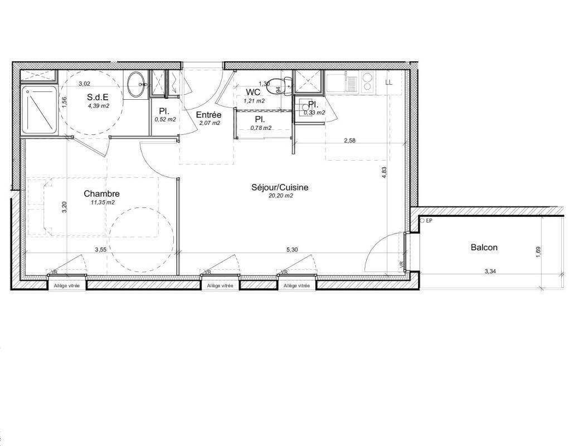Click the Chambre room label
[101, 194]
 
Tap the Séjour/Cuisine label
[280, 187]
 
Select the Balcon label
[484, 248]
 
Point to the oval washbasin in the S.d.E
[137, 84]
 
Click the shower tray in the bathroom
[39, 110]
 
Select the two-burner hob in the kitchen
[368, 81]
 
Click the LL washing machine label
[388, 83]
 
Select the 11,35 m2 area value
[103, 202]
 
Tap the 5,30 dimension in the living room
[292, 250]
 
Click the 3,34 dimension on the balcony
[490, 271]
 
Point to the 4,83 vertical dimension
[385, 172]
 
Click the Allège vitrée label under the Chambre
[67, 286]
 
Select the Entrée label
[208, 115]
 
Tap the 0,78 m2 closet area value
[261, 128]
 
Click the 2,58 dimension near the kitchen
[349, 141]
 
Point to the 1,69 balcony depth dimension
[538, 253]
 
